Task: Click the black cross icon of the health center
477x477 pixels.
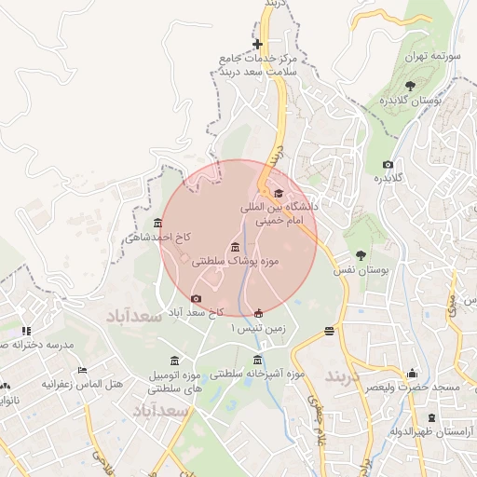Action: (x=258, y=45)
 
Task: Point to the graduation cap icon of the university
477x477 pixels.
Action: (x=279, y=193)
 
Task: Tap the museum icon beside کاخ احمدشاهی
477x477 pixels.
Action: (x=157, y=224)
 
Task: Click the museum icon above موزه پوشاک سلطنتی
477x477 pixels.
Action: (x=233, y=247)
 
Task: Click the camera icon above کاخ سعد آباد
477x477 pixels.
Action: (x=196, y=298)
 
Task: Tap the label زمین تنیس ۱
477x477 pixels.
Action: (x=258, y=329)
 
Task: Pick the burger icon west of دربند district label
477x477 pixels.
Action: (x=329, y=331)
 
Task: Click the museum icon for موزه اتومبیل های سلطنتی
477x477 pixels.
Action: (x=174, y=361)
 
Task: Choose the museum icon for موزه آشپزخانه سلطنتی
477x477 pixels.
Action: (x=258, y=361)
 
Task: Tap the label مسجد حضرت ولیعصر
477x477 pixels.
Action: (x=411, y=386)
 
